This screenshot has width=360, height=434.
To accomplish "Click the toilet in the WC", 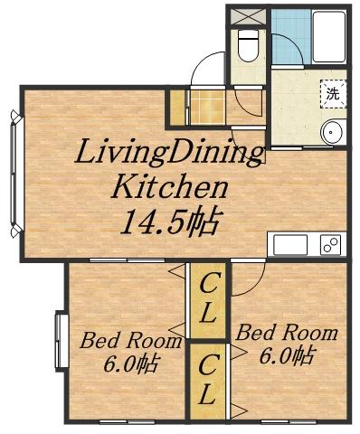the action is pos(248,46).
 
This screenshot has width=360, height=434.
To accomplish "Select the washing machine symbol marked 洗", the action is pos(333,94).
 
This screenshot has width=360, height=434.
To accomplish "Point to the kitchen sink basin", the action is pos(290,245).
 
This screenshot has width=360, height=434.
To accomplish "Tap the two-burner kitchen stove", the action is pos(330,245).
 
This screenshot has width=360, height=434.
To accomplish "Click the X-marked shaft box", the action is pos(248,16).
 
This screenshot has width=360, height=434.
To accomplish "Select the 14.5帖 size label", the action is pos(172,222).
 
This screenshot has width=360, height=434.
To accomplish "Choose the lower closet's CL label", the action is pos(207,379).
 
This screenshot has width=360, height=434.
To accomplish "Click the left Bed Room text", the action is pos(131,341).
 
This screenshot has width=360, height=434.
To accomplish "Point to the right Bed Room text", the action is pos(287,333).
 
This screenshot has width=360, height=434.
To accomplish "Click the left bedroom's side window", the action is pos(62,341).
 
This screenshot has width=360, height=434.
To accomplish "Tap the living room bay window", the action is pos(15,174).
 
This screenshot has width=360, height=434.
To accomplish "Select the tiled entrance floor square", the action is pos(208,107).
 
